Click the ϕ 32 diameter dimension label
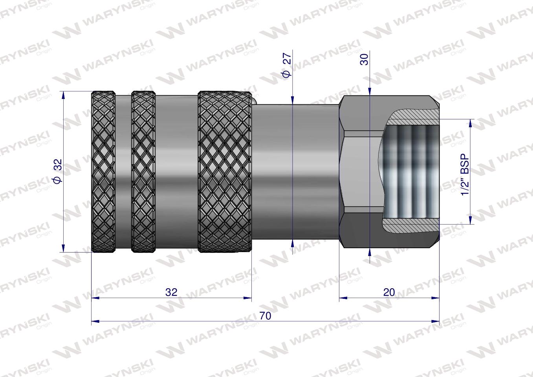[57, 171]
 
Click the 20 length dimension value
[388, 293]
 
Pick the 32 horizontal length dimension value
[171, 293]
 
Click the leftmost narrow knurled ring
[103, 172]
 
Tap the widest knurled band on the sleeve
[224, 172]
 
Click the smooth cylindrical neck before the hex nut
[295, 172]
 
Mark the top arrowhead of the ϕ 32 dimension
[63, 95]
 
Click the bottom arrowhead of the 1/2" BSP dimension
[470, 221]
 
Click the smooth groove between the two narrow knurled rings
[123, 172]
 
